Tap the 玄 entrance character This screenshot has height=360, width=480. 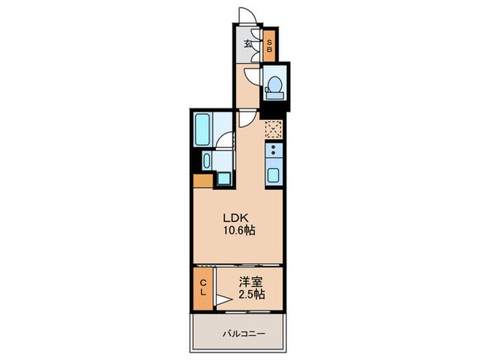click(x=248, y=45)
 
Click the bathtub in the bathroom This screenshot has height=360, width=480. click(x=204, y=128)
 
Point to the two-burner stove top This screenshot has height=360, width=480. click(x=273, y=152)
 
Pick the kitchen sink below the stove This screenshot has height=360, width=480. click(x=273, y=175)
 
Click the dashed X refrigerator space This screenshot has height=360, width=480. click(x=273, y=128)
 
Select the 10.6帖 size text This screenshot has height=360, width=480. click(x=238, y=231)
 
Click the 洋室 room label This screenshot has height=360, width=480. click(x=249, y=281)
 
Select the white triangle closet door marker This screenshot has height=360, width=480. click(x=223, y=298)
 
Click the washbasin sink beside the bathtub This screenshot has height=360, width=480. click(x=206, y=162)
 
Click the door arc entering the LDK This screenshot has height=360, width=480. click(x=245, y=118)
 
